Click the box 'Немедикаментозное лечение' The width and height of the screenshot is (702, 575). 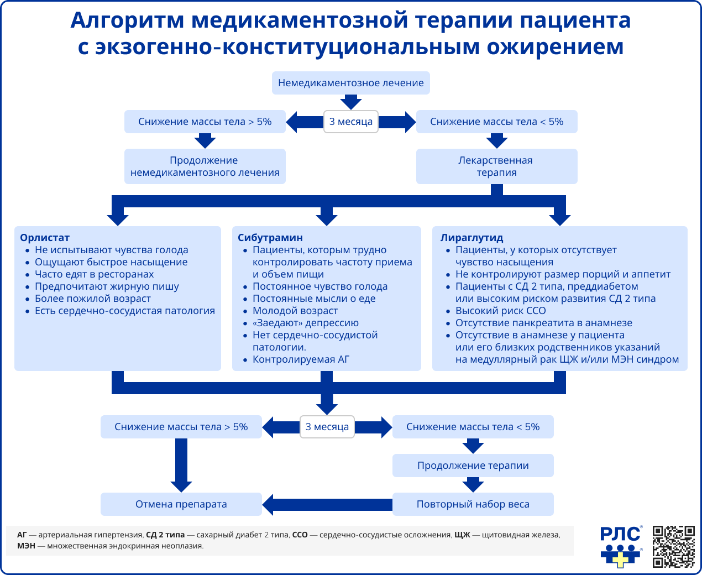click(351, 83)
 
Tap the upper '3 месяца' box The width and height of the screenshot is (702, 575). click(351, 122)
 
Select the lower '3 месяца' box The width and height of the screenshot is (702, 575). click(327, 427)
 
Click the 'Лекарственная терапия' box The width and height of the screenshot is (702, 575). click(496, 166)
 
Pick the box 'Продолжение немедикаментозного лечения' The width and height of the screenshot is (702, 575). click(205, 166)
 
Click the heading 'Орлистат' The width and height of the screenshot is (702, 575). click(45, 238)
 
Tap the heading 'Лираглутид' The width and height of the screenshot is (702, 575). click(472, 238)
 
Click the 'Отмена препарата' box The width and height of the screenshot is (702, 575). click(181, 504)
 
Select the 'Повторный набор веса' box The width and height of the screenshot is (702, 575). click(473, 504)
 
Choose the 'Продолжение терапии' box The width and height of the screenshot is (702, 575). click(473, 466)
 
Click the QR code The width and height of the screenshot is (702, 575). click(673, 546)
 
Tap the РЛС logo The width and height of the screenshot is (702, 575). click(621, 546)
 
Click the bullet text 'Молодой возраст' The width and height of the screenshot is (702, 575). click(295, 311)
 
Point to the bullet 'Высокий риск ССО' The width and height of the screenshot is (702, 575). click(500, 311)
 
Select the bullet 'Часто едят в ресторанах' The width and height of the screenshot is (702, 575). click(94, 274)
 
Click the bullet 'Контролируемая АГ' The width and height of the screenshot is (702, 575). click(301, 359)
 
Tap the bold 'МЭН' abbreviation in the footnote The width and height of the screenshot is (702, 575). click(26, 546)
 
